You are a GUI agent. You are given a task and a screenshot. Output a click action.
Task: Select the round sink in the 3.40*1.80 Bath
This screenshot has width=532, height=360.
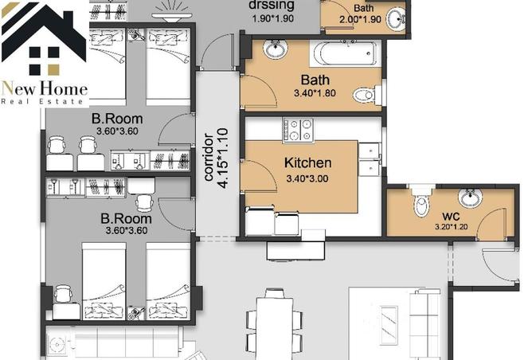pos(276,51)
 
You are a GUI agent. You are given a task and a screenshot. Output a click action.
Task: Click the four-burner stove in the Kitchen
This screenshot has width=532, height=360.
pos(298,129)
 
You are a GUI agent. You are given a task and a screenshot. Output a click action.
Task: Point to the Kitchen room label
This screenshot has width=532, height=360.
pos(307,163)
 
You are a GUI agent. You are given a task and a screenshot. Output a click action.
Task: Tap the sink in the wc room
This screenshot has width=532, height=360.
pos(470,198)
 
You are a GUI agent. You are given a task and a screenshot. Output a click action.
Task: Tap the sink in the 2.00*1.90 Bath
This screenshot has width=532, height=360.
pos(396,21)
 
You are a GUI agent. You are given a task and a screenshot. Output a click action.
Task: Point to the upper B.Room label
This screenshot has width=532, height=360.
pos(116,119)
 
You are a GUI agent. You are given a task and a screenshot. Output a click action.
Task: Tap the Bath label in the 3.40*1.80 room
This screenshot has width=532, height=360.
pos(315,80)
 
